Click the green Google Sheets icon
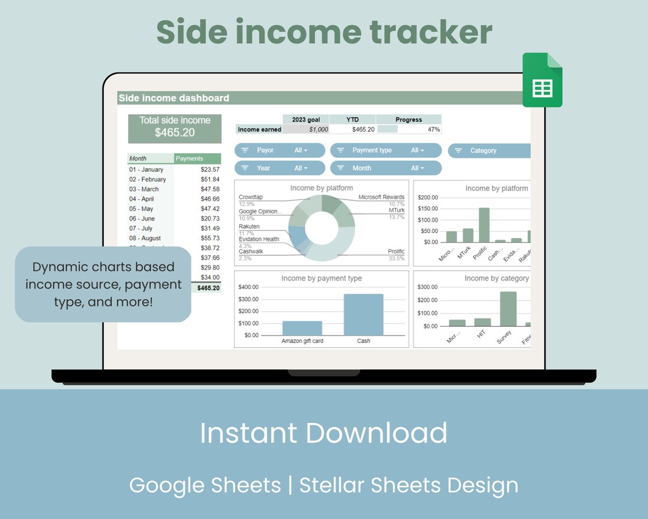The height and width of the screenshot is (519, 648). (x=542, y=80)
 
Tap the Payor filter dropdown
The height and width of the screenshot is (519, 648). (x=280, y=150)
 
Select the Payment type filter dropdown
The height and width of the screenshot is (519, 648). (x=386, y=150)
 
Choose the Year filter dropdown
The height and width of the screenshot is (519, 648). (x=280, y=168)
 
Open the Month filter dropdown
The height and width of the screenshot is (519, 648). (x=386, y=168)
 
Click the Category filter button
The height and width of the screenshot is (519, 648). (x=489, y=151)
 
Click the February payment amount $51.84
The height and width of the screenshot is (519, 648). (x=210, y=180)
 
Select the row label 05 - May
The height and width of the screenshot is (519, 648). (x=141, y=209)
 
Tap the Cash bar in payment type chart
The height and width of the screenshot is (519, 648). (x=364, y=314)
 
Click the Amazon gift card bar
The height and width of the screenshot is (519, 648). (x=302, y=328)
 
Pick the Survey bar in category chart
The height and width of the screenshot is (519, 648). (x=508, y=309)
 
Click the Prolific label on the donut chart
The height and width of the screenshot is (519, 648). (x=396, y=252)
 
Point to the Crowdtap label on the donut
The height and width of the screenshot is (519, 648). (x=251, y=197)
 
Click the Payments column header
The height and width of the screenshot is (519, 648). (x=190, y=159)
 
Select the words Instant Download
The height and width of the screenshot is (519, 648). (x=323, y=433)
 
